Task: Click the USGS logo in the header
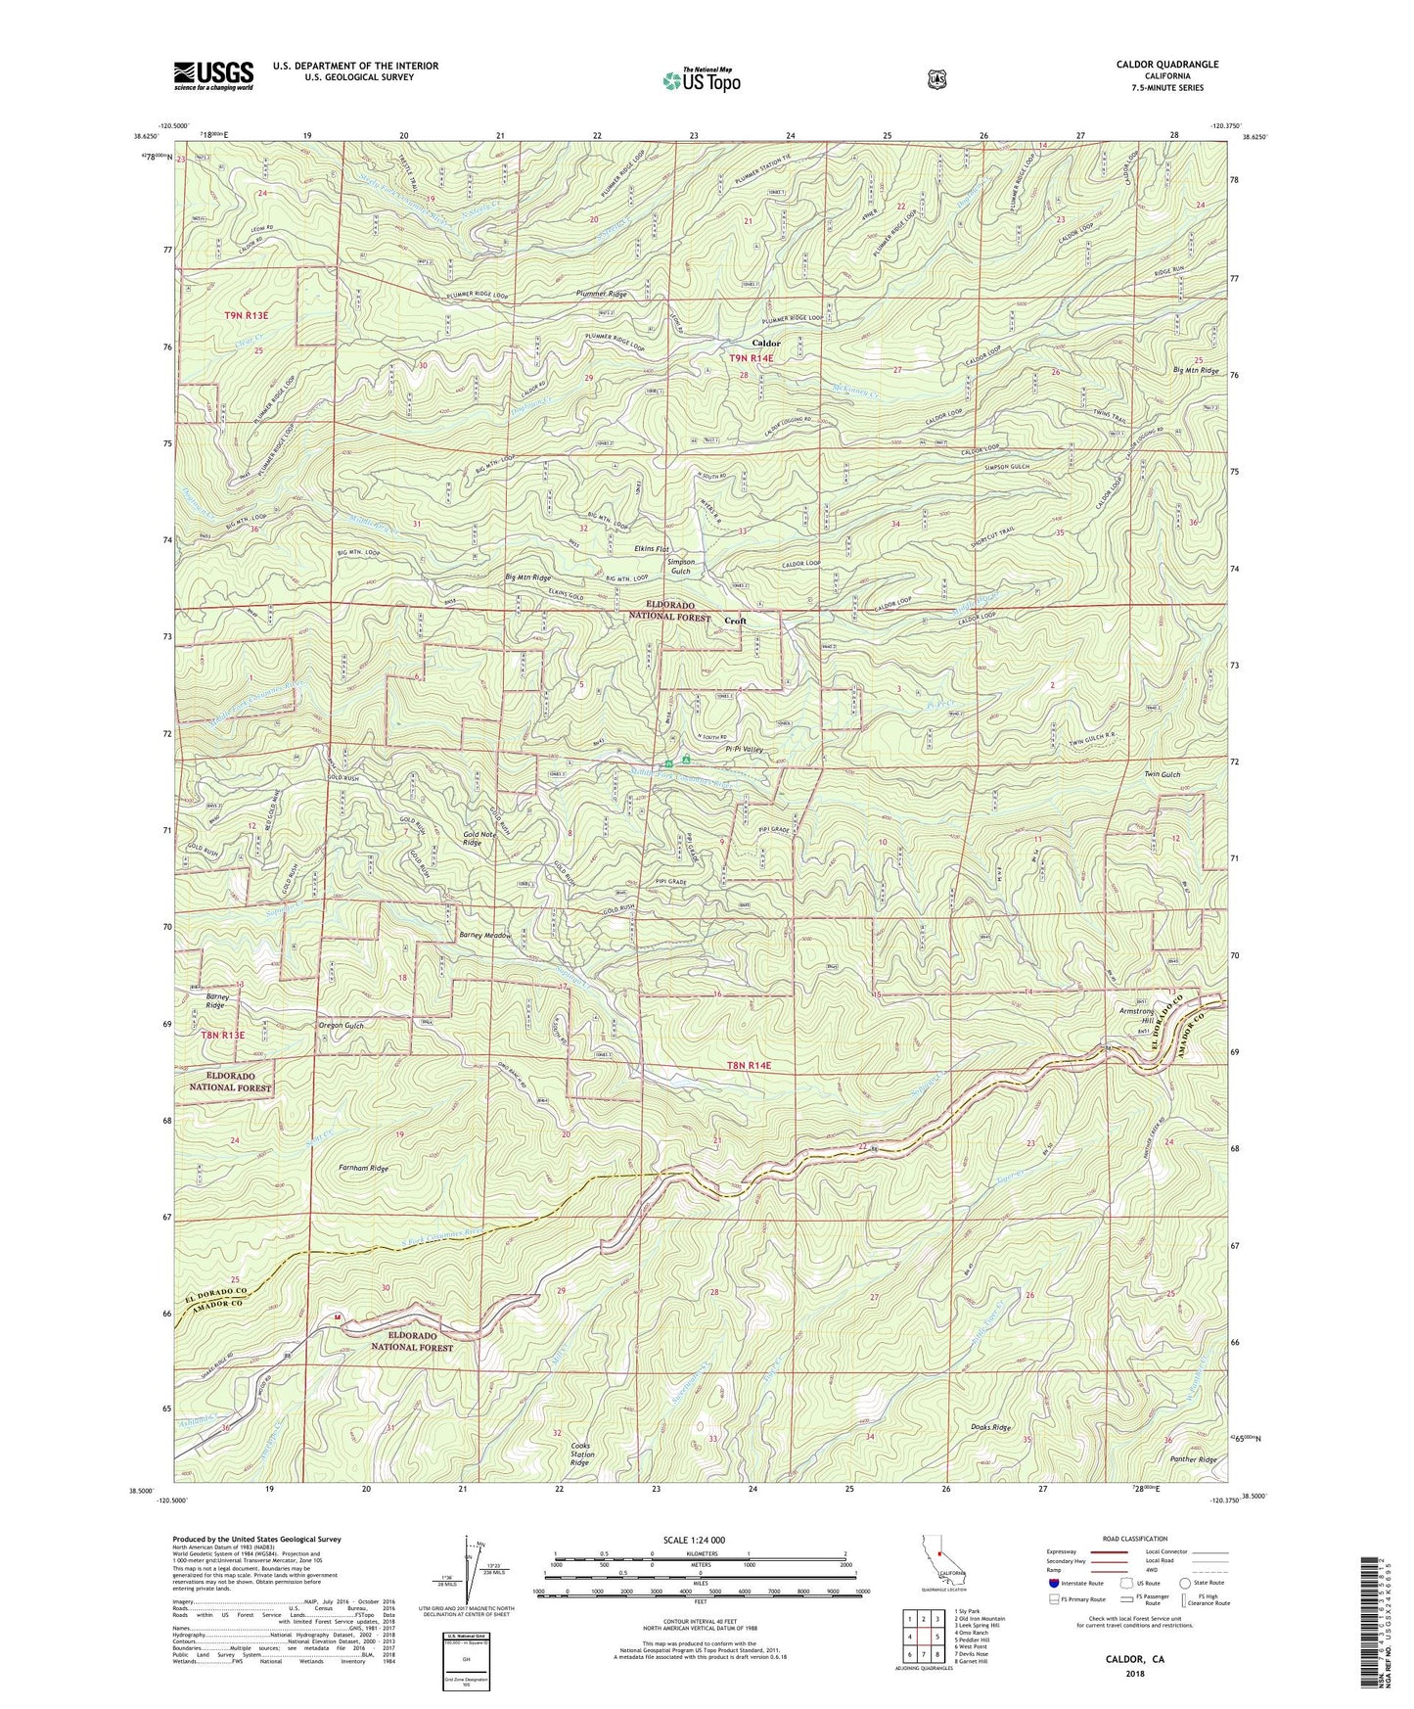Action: pyautogui.click(x=213, y=75)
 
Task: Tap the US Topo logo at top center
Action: pyautogui.click(x=701, y=79)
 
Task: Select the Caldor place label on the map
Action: pyautogui.click(x=765, y=344)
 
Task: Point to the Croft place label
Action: pyautogui.click(x=735, y=621)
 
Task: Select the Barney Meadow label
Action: pyautogui.click(x=485, y=936)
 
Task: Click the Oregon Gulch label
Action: pyautogui.click(x=341, y=1026)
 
